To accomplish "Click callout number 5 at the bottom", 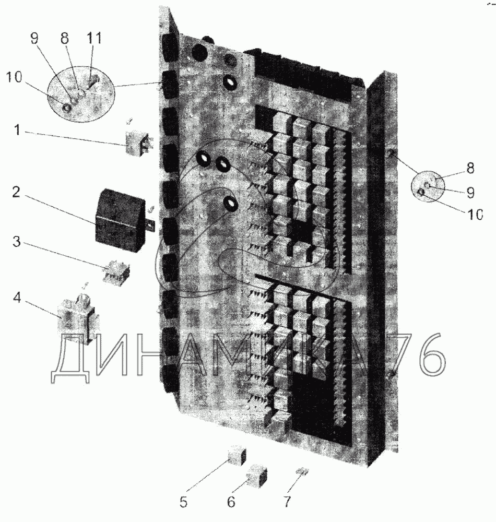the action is point(183,503).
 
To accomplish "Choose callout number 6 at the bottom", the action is point(231,503).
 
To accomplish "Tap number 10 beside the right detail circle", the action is point(473,215).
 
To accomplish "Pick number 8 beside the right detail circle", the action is point(470,168).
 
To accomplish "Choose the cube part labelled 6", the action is point(256,476).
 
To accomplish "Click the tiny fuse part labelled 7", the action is point(301,472).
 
